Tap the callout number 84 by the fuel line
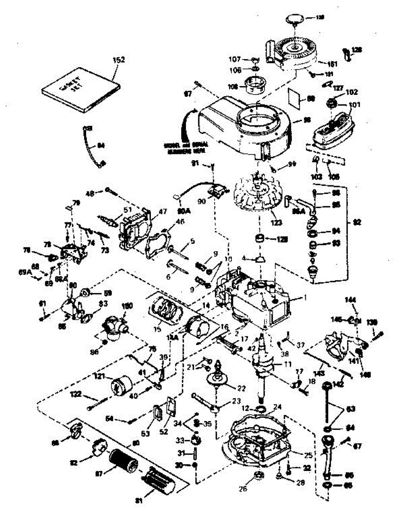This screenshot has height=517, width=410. [x=101, y=146]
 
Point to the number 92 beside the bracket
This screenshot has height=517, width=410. [x=357, y=223]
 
